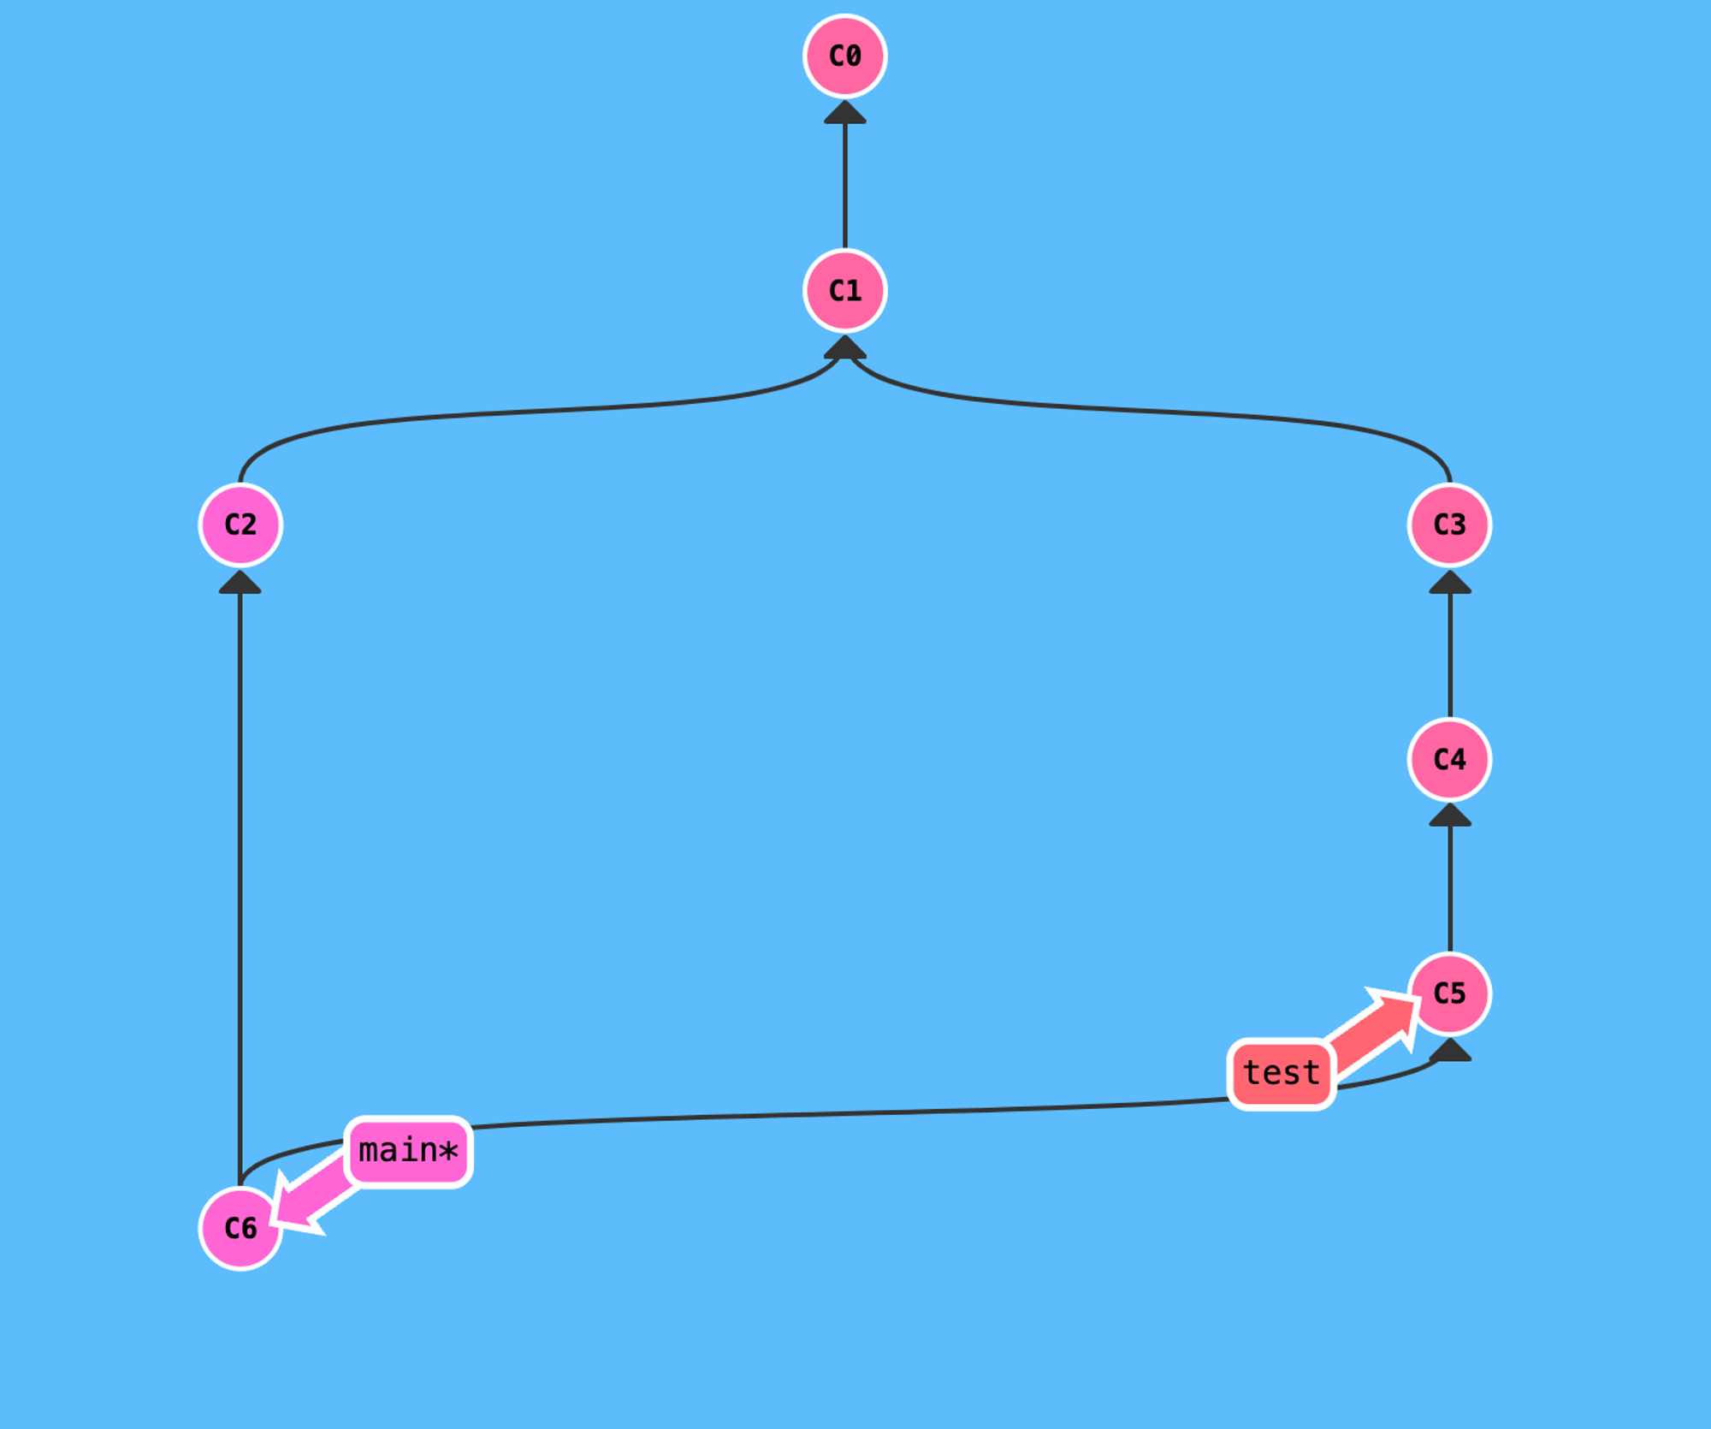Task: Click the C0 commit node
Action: point(844,56)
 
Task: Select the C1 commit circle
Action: point(844,291)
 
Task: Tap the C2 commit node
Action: point(240,525)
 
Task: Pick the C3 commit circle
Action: point(1449,525)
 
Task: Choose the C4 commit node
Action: point(1449,759)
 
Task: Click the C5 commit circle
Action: point(1449,993)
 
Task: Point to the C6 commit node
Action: point(240,1228)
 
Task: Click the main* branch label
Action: point(408,1151)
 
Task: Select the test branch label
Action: point(1281,1073)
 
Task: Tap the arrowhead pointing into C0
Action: point(844,113)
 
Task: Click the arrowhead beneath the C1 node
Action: point(844,347)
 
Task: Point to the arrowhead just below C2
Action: point(240,583)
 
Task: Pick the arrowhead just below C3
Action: point(1449,583)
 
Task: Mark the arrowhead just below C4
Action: point(1449,815)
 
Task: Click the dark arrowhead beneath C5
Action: point(1449,1050)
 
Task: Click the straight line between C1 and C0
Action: point(844,184)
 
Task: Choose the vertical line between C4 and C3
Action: point(1449,655)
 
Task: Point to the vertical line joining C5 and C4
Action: point(1449,888)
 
